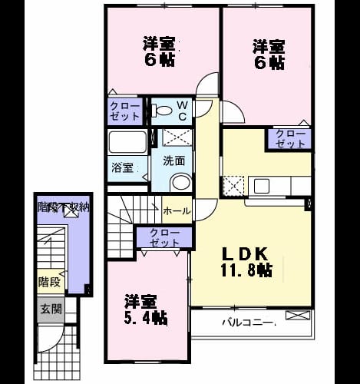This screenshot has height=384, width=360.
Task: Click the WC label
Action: [x=182, y=111]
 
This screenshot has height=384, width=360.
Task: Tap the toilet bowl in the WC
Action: [x=162, y=111]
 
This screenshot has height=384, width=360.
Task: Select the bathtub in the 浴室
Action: [x=127, y=142]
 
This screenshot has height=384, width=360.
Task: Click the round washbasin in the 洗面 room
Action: [x=181, y=182]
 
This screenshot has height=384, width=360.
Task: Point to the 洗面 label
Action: [x=174, y=161]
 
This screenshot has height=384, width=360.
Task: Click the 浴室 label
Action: [x=122, y=168]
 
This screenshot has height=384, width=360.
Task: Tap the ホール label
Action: [x=177, y=211]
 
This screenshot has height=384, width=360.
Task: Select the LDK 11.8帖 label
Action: [x=246, y=262]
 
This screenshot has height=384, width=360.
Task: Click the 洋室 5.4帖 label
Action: [x=146, y=310]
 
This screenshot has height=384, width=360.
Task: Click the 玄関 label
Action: [x=51, y=309]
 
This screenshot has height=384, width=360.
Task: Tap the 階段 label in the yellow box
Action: [x=49, y=282]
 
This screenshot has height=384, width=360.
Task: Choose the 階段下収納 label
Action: [x=64, y=207]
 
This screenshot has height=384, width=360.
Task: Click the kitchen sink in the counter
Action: [x=262, y=186]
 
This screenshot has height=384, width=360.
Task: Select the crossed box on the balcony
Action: [x=298, y=315]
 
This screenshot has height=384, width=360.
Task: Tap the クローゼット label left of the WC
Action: [x=125, y=111]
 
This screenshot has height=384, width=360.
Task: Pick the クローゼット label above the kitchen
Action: [x=291, y=138]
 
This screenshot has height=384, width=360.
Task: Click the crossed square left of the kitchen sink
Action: [x=233, y=187]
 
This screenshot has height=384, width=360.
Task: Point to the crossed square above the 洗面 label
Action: [x=177, y=137]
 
